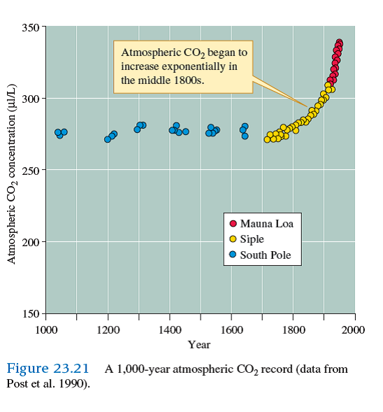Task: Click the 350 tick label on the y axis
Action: (31, 27)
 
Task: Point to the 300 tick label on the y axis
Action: (31, 99)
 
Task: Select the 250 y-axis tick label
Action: (31, 170)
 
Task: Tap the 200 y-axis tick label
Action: (31, 242)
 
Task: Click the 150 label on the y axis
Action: (31, 313)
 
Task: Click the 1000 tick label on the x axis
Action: (46, 329)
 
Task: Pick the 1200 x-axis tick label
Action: (108, 329)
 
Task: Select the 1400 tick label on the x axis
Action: (169, 329)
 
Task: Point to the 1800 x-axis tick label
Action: (293, 329)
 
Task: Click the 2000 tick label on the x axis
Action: (354, 329)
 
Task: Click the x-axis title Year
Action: (199, 344)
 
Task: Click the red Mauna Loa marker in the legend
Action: (233, 223)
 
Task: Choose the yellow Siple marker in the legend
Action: (233, 239)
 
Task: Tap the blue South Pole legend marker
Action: (233, 255)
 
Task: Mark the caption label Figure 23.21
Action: (49, 369)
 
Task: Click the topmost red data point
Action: (340, 43)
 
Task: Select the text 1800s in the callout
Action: (189, 80)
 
